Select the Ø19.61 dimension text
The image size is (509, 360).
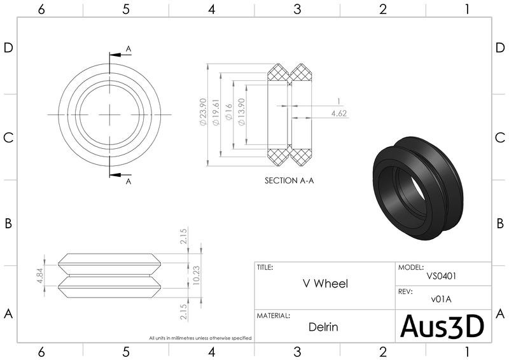pyautogui.click(x=216, y=111)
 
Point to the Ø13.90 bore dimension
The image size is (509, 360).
pyautogui.click(x=242, y=111)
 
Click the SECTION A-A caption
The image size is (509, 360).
pyautogui.click(x=289, y=181)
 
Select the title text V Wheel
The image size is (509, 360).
pyautogui.click(x=325, y=284)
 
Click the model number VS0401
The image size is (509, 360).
pyautogui.click(x=441, y=276)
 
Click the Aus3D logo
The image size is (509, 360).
pyautogui.click(x=442, y=326)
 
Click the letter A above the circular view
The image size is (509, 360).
pyautogui.click(x=129, y=48)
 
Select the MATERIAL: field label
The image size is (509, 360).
pyautogui.click(x=274, y=315)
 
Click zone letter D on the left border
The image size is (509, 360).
pyautogui.click(x=8, y=48)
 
